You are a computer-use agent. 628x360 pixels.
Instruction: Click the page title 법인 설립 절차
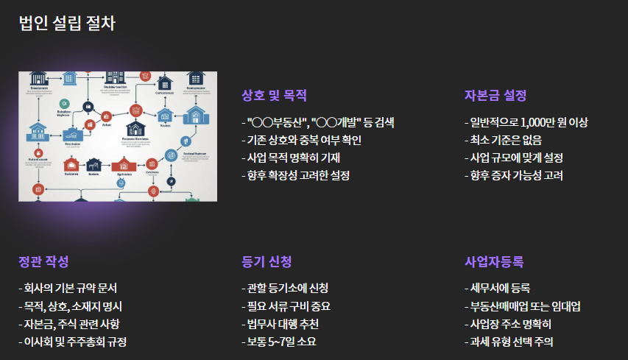tap(67, 23)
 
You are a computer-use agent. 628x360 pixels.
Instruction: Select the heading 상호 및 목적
tap(274, 95)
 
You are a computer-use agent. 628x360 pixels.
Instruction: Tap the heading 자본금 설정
tap(495, 95)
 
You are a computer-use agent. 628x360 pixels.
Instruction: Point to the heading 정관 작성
tap(43, 261)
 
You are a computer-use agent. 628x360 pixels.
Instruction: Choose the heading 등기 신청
tap(267, 261)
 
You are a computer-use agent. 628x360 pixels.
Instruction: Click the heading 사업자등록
tap(494, 261)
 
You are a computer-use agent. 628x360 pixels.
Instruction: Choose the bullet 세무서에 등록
tap(497, 288)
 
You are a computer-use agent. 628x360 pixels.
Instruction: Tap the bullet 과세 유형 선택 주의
tap(509, 342)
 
